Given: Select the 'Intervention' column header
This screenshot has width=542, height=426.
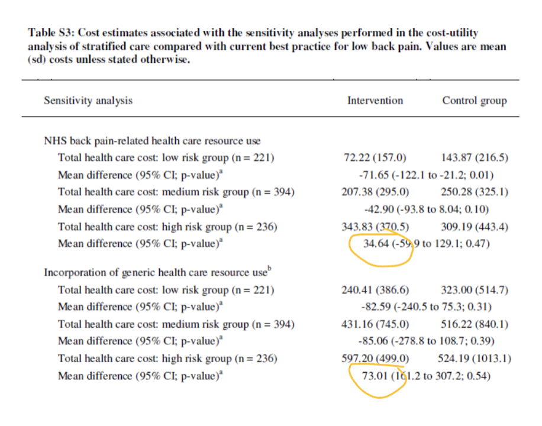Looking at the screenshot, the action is pyautogui.click(x=375, y=100).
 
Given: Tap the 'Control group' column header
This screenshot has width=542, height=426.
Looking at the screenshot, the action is pyautogui.click(x=475, y=101).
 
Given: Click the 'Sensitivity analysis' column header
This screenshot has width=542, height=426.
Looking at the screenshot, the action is pyautogui.click(x=88, y=101).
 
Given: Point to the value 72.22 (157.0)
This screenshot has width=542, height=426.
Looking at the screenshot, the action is pyautogui.click(x=375, y=157).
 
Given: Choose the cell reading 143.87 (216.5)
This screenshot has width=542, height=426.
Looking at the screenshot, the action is pyautogui.click(x=475, y=157).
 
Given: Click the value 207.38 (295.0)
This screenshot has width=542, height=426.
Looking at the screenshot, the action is pyautogui.click(x=375, y=192).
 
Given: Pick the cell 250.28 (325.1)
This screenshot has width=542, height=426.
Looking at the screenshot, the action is pyautogui.click(x=475, y=192).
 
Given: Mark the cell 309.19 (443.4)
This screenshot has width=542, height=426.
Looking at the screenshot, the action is pyautogui.click(x=475, y=227).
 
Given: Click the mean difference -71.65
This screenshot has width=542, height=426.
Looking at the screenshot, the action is pyautogui.click(x=374, y=175).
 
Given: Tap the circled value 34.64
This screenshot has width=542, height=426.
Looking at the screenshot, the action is pyautogui.click(x=376, y=243).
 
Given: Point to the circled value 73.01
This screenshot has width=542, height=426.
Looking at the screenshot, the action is pyautogui.click(x=375, y=376).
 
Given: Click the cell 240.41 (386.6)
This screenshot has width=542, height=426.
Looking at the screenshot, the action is pyautogui.click(x=375, y=290).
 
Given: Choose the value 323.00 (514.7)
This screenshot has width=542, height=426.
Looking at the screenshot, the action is pyautogui.click(x=475, y=290).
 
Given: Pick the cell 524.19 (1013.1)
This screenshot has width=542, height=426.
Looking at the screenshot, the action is pyautogui.click(x=475, y=359).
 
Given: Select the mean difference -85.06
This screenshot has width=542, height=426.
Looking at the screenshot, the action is pyautogui.click(x=373, y=341).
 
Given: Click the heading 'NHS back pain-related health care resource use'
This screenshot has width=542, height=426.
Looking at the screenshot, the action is pyautogui.click(x=152, y=141).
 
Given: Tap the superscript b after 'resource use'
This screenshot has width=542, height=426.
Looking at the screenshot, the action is pyautogui.click(x=270, y=269).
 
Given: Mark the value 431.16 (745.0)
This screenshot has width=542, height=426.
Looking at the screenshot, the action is pyautogui.click(x=375, y=324).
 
